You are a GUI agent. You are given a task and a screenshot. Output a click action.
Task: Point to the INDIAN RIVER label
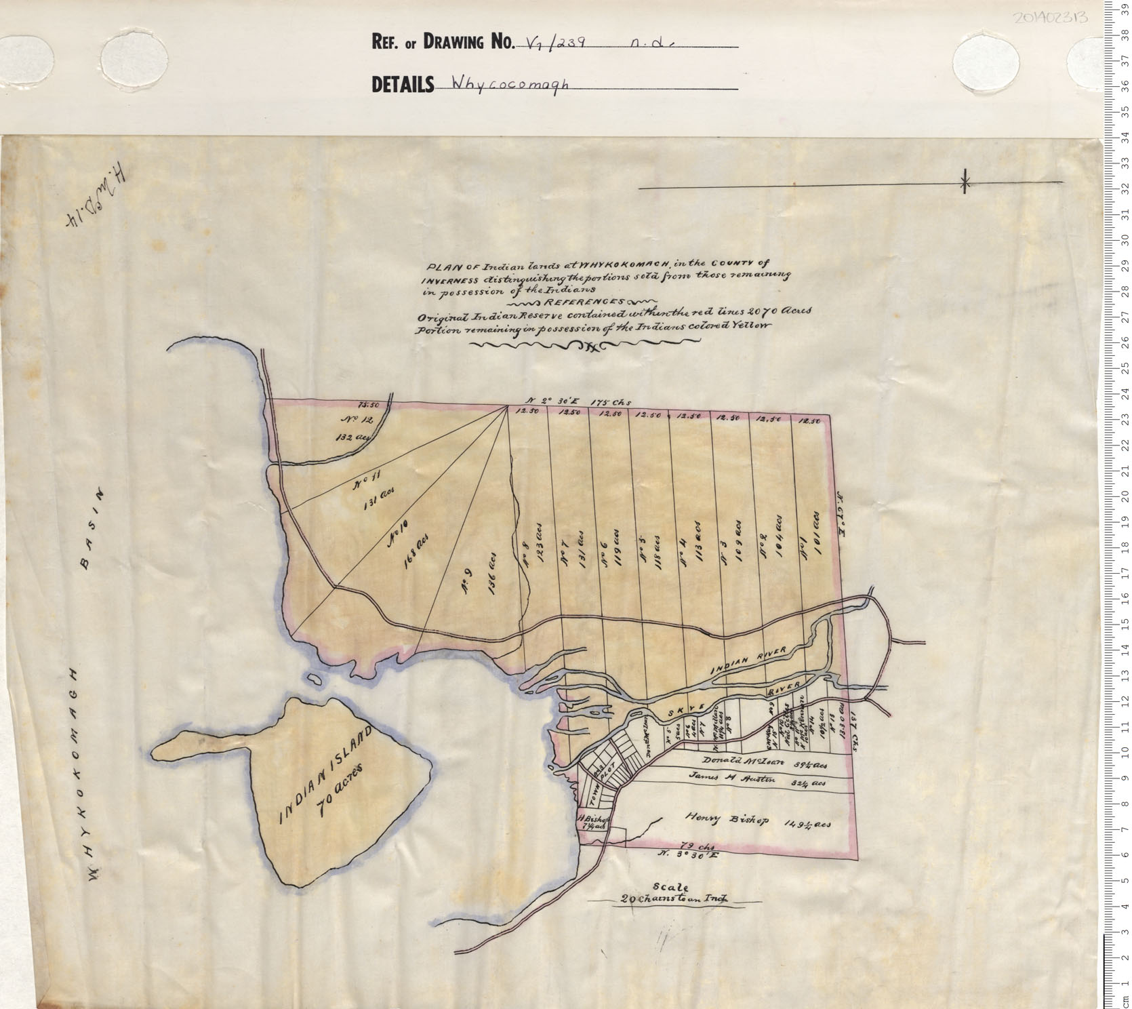tap(748, 660)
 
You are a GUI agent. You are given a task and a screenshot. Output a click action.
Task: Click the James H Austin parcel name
tap(731, 779)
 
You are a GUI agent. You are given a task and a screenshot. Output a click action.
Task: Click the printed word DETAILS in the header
tap(402, 85)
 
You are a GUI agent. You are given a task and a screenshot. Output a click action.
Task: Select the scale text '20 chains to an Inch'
tap(674, 900)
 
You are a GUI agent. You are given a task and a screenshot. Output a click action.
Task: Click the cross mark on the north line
tap(965, 182)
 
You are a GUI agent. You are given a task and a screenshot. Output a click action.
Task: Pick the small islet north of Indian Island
tap(315, 679)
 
